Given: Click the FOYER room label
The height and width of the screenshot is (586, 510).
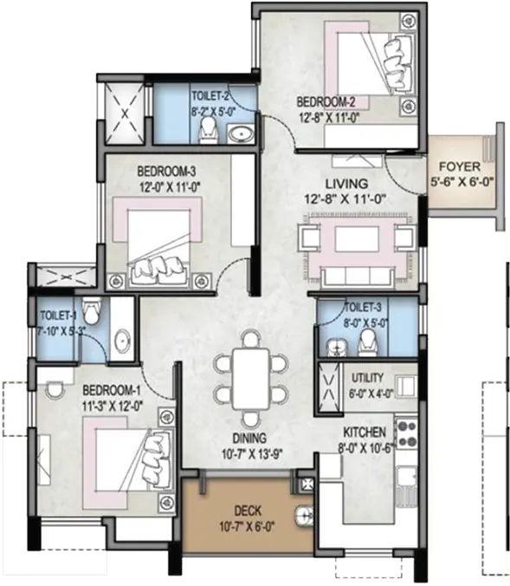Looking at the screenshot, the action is [x=460, y=166].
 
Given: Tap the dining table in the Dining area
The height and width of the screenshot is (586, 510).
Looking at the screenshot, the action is [x=250, y=379].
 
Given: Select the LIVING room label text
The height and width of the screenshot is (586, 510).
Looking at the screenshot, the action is [x=347, y=184].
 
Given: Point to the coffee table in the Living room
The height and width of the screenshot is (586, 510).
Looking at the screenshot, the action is [x=357, y=238].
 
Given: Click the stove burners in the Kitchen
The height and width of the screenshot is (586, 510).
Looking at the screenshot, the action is [x=407, y=433].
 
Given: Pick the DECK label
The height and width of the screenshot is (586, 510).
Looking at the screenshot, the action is [x=248, y=511].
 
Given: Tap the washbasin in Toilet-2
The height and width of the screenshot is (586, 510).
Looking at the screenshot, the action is [x=242, y=133].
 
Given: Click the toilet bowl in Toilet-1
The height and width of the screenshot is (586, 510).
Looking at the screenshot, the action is [x=91, y=311].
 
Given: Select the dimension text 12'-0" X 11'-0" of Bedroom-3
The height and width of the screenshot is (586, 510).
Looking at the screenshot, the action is [x=171, y=187].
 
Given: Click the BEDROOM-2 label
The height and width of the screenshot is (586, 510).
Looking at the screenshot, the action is [x=326, y=102].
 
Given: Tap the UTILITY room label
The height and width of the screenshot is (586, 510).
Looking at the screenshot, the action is [x=367, y=378].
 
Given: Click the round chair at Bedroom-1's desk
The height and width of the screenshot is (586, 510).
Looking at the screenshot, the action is [x=55, y=389].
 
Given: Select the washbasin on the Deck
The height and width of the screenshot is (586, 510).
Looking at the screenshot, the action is [x=304, y=517].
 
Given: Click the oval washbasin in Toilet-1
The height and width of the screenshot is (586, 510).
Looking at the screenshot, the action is [x=122, y=341].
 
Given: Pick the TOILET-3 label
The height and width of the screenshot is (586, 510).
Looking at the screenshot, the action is [x=363, y=308].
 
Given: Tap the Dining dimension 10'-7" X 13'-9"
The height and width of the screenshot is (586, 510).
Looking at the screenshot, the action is [x=252, y=454].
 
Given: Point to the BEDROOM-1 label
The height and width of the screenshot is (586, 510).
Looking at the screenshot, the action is [x=111, y=391].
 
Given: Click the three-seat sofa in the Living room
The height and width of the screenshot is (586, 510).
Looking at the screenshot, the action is [x=358, y=277].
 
